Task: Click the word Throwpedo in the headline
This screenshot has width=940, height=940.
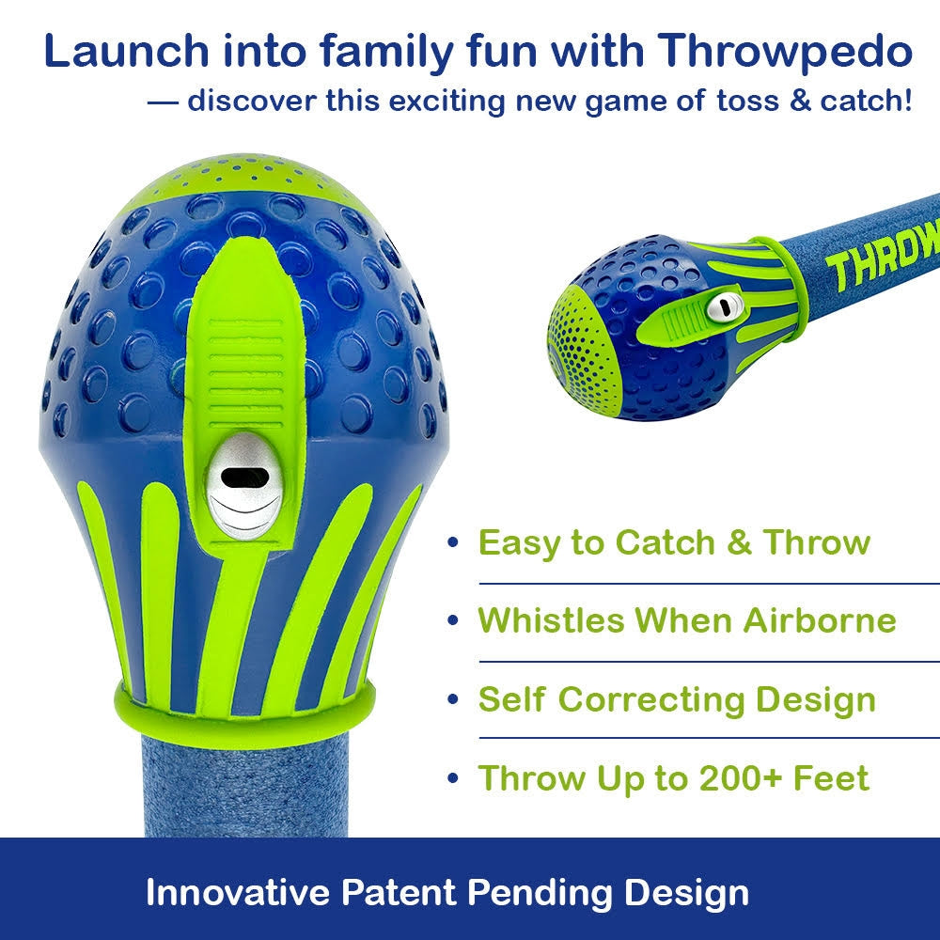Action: (x=786, y=53)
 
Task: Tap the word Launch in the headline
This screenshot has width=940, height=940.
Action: (x=127, y=51)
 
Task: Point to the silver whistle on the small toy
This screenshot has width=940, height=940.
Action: (x=723, y=308)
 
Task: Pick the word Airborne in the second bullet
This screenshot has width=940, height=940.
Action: (x=820, y=619)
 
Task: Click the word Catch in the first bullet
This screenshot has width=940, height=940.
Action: (x=665, y=542)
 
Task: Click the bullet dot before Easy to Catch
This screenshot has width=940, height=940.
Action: (x=453, y=543)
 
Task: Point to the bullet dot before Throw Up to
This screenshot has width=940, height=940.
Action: (x=453, y=778)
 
